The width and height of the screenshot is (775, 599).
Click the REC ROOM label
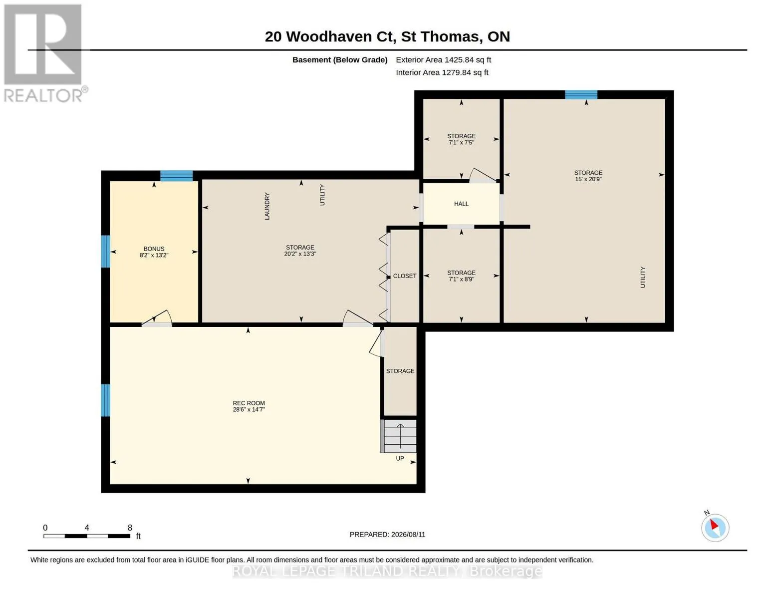tap(249, 403)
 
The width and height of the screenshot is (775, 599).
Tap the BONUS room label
tap(154, 249)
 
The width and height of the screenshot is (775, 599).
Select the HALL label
tap(461, 204)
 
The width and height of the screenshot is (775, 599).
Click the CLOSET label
tap(405, 276)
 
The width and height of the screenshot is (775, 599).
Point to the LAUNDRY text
tap(267, 206)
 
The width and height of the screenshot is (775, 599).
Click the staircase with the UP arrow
tap(398, 436)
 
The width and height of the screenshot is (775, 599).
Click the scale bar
tap(87, 536)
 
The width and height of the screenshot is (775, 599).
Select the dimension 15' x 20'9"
tap(588, 179)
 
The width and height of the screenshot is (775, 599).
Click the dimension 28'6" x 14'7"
tap(249, 409)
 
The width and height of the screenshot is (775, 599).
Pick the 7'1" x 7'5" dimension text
tap(461, 142)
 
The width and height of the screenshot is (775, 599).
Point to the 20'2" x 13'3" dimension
tap(300, 254)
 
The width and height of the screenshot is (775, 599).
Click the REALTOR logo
tap(44, 53)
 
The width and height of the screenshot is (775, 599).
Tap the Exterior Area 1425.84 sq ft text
tap(443, 60)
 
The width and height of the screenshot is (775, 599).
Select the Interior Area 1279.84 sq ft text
tap(442, 72)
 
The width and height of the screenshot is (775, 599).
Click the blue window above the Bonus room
tap(177, 176)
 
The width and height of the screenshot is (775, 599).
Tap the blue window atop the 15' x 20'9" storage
tap(581, 95)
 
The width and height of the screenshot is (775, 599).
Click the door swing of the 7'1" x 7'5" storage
tap(482, 176)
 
